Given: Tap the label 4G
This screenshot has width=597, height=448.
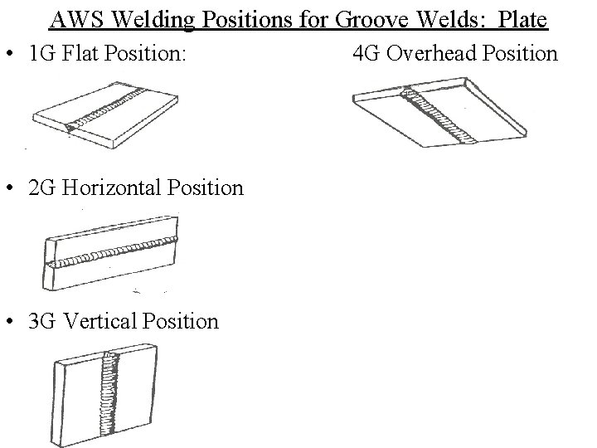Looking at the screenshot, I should click(367, 55).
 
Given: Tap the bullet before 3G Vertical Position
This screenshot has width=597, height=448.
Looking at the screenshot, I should click(12, 322).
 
